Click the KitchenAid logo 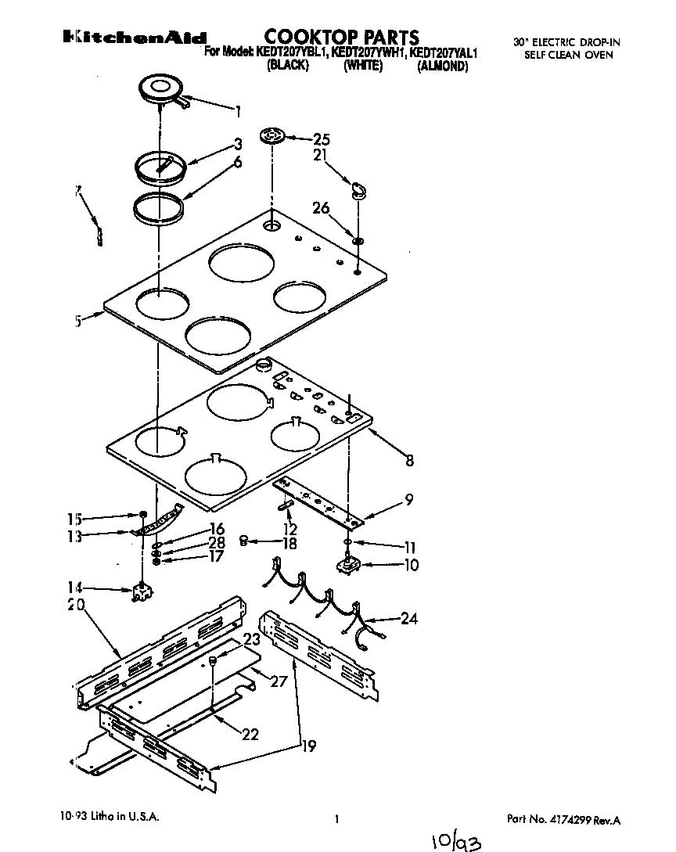[135, 38]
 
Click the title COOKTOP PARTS [341, 37]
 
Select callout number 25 [321, 140]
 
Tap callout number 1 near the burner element [238, 110]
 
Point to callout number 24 [408, 619]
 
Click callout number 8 [409, 462]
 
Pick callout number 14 [74, 588]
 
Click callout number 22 [250, 734]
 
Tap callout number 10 [410, 565]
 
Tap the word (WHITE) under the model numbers [362, 67]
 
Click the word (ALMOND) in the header [442, 67]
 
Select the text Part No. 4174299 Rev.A [563, 820]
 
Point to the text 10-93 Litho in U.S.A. [110, 817]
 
